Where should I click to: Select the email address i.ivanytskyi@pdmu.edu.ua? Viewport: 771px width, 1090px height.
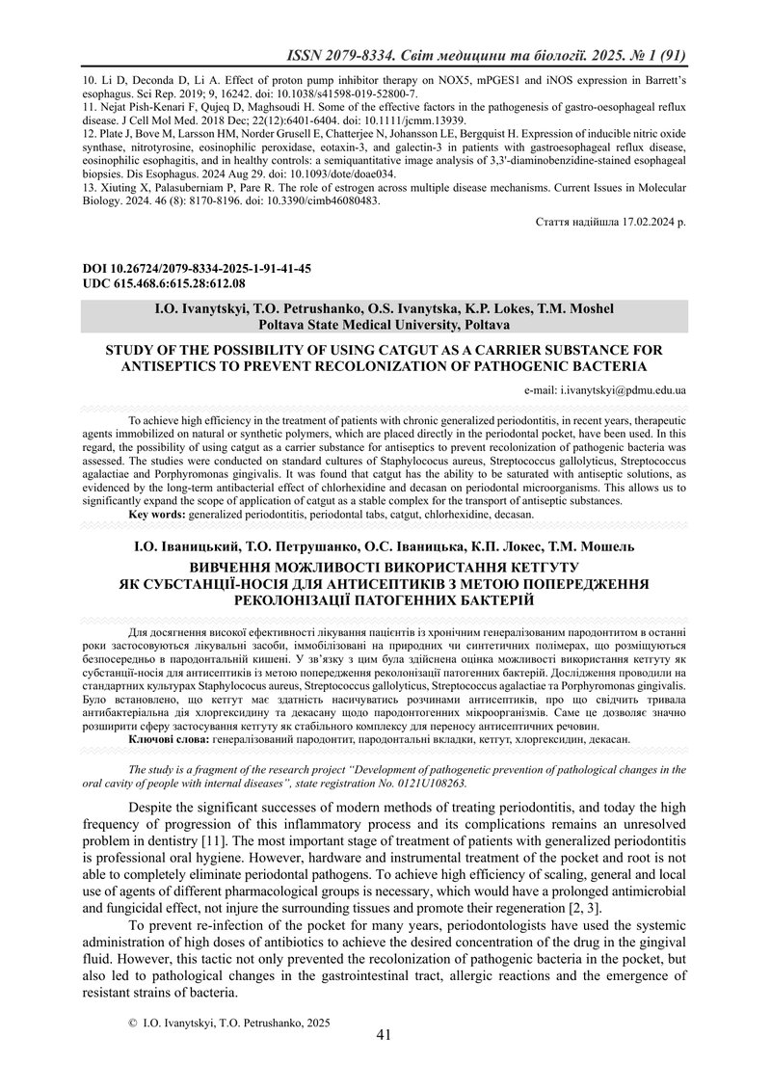[604, 391]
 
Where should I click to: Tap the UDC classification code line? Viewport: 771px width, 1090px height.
[165, 283]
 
